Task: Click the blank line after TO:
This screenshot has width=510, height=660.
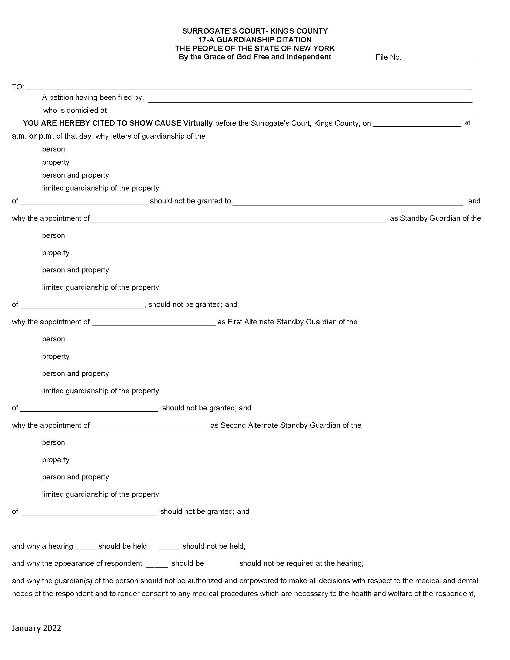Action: tap(249, 87)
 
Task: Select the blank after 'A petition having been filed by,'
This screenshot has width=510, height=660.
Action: tap(310, 100)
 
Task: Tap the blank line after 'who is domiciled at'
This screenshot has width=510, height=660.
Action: tap(290, 112)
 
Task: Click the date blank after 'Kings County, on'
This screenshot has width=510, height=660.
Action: tap(417, 124)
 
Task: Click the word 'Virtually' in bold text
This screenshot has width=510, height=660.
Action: tap(198, 123)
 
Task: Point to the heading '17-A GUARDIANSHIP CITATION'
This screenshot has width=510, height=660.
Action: tap(255, 40)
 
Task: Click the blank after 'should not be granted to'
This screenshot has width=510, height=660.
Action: tap(347, 203)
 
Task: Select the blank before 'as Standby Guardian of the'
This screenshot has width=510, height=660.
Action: tap(239, 220)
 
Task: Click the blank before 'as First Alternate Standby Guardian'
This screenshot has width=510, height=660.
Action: tap(154, 323)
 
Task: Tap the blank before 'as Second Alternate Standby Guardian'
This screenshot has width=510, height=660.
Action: tap(148, 427)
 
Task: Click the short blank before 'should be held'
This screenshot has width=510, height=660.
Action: tap(85, 548)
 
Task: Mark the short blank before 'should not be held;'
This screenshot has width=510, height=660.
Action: tap(169, 548)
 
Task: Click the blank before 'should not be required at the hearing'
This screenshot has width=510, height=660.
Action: tap(226, 565)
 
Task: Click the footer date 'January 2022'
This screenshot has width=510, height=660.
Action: tap(37, 628)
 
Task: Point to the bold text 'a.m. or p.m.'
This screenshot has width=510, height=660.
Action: tap(33, 136)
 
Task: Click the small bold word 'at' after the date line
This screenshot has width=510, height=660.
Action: tap(467, 123)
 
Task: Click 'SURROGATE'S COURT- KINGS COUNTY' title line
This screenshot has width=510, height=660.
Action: tap(255, 31)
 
